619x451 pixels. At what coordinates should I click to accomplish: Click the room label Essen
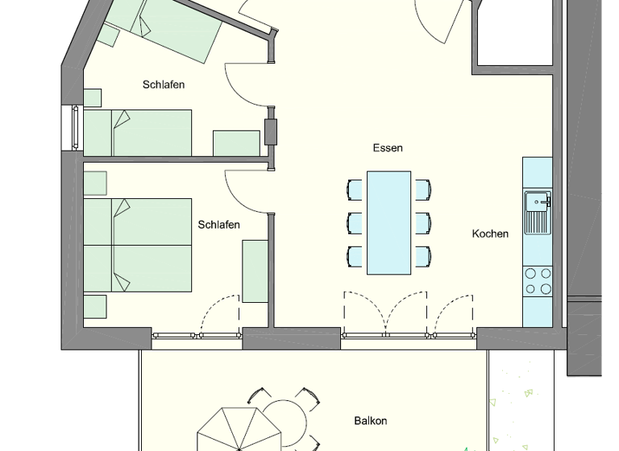click(388, 148)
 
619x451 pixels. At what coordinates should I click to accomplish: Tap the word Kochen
click(490, 234)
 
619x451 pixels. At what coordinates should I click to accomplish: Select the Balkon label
click(371, 420)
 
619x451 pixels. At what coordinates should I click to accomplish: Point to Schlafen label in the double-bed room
click(218, 225)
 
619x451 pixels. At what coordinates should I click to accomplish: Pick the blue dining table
click(389, 222)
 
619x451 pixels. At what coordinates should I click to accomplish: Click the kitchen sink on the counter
click(537, 211)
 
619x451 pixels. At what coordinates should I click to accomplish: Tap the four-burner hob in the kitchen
click(538, 280)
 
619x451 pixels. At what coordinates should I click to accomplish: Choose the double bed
click(138, 245)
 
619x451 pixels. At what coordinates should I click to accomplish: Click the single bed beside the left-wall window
click(138, 133)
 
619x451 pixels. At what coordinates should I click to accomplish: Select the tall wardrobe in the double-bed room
click(255, 271)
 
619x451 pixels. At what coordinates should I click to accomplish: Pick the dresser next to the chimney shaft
click(236, 143)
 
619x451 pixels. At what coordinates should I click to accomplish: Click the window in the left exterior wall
click(73, 127)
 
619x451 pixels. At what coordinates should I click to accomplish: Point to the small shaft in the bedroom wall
click(271, 131)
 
